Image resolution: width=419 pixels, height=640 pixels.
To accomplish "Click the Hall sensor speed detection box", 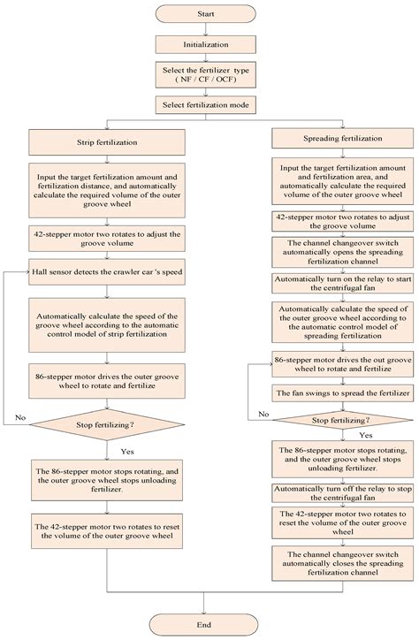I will coord(106,248).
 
